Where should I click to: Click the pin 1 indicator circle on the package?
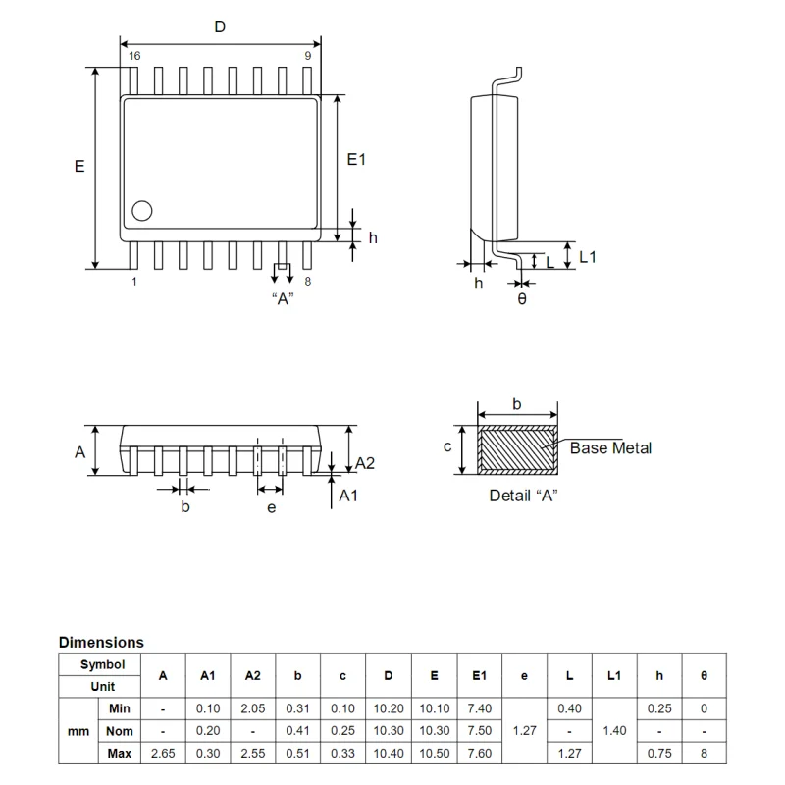[x=143, y=210]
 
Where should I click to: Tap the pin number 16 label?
[x=134, y=57]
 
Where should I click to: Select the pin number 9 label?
[x=307, y=57]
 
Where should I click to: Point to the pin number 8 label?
[x=308, y=282]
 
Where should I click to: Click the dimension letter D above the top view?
[x=220, y=27]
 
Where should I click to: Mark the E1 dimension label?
[x=356, y=160]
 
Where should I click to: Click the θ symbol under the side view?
[x=521, y=298]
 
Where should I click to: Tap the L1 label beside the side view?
[x=588, y=257]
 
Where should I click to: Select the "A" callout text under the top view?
[x=283, y=299]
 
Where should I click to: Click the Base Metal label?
[x=610, y=448]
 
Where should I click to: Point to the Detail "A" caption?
[x=523, y=496]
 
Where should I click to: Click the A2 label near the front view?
[x=365, y=463]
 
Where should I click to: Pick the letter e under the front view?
[x=271, y=507]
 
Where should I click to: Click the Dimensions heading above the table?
[x=101, y=643]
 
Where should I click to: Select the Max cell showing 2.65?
[x=163, y=753]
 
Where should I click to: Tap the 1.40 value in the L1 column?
[x=614, y=731]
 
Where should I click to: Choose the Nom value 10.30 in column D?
[x=389, y=731]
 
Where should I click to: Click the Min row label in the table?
[x=120, y=708]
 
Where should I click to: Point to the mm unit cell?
[x=78, y=731]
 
